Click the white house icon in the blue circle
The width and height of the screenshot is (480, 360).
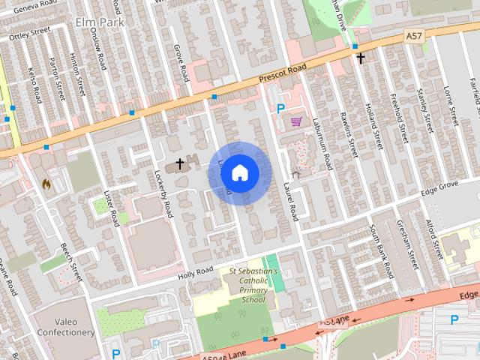(239, 173)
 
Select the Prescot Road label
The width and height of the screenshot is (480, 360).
(283, 76)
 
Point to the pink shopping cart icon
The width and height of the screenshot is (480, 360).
(297, 121)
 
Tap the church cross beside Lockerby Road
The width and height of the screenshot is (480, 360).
(180, 162)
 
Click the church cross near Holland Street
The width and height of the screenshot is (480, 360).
(361, 57)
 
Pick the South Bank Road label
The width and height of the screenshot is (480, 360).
(385, 247)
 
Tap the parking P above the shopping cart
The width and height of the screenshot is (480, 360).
(280, 108)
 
